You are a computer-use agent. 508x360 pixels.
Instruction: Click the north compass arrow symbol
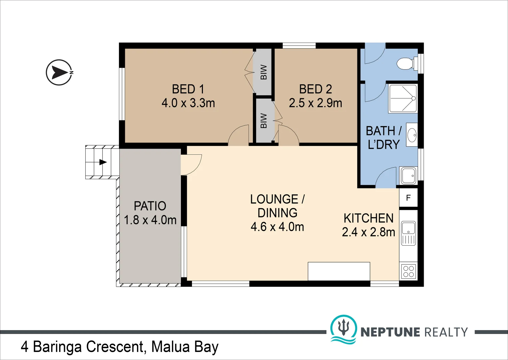(59, 72)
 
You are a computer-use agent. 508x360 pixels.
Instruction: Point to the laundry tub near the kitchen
(408, 175)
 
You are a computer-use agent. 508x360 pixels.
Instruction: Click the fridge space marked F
(408, 198)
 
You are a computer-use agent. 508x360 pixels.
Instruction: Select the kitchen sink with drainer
(408, 233)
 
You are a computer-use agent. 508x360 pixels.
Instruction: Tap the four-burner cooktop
(408, 271)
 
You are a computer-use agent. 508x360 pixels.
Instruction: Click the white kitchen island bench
(339, 271)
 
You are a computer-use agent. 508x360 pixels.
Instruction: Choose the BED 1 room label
(188, 89)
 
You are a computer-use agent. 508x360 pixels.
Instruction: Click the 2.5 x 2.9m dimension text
(315, 103)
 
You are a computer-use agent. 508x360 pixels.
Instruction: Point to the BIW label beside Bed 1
(263, 72)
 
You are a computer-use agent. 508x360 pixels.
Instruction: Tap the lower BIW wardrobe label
(263, 121)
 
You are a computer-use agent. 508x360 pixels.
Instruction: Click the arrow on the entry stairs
(103, 162)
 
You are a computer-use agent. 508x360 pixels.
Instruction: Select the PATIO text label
(150, 206)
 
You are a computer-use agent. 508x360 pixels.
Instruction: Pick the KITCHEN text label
(368, 218)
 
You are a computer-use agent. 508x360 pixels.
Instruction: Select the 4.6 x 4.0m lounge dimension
(277, 227)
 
